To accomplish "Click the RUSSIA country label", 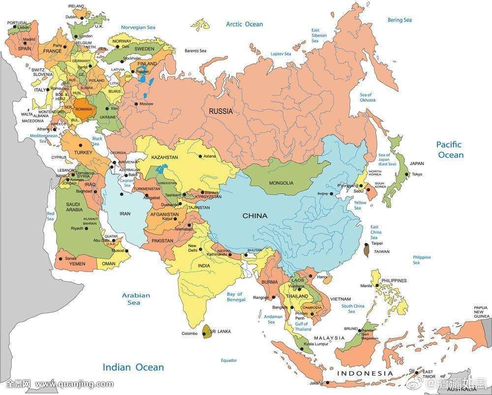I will tap(220, 111).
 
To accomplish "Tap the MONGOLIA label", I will tap(281, 183).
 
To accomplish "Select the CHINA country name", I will tap(255, 215).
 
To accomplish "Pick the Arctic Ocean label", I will tap(244, 24).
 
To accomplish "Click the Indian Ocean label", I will tap(133, 367).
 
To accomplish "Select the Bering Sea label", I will tap(399, 20).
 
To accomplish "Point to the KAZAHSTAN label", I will tap(164, 157).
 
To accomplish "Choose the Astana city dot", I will tap(200, 156).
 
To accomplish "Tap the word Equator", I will tap(229, 361).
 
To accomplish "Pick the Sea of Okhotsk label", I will tap(367, 97).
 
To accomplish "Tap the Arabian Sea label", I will tap(136, 299).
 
